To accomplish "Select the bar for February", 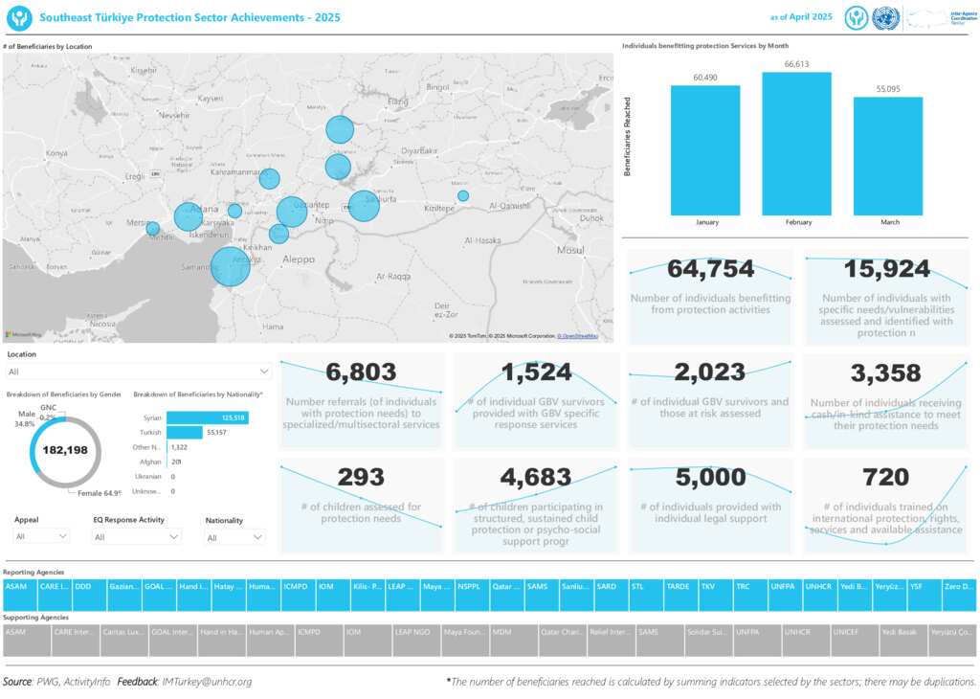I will point(796,144).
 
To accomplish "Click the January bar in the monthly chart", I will point(705,150).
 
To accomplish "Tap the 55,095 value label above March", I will point(887,88).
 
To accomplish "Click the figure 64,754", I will point(710,269).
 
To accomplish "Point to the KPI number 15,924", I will point(885,269).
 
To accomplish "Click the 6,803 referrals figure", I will point(361,372).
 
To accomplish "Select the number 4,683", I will point(536,477).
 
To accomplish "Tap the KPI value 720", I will point(885,477).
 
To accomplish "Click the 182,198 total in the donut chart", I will point(65,450).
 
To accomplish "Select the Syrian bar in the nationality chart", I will point(207,417).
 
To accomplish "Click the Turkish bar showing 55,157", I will point(185,433).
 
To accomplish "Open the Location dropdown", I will point(139,372).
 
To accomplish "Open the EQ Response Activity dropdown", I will point(137,537).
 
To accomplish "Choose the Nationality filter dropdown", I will point(234,538).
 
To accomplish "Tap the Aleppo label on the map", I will point(300,259).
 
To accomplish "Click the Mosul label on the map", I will point(570,250).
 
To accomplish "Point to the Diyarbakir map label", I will point(419,151).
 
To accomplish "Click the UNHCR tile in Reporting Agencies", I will point(818,585).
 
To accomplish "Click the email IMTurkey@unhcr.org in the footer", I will point(207,682).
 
